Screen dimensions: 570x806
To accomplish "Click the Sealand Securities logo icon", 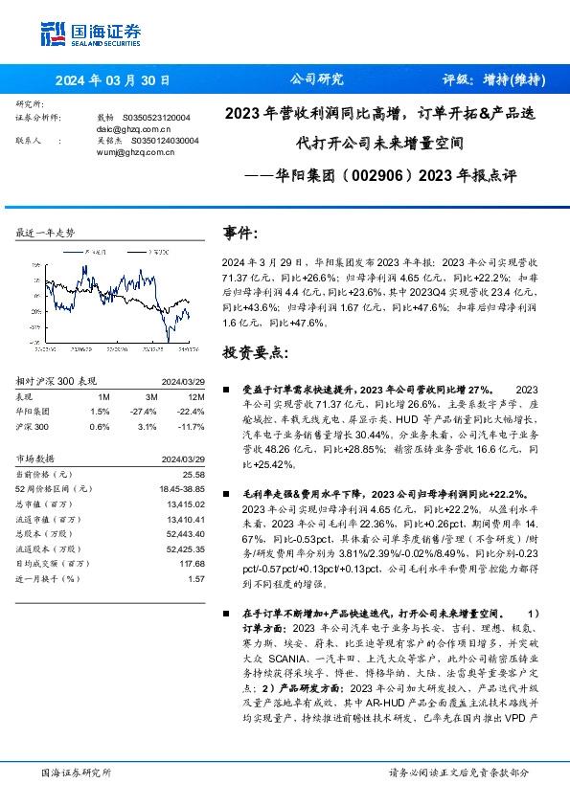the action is point(52,34).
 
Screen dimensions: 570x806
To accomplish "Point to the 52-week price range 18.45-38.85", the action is point(182,489).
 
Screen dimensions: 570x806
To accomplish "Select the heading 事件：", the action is point(240,234).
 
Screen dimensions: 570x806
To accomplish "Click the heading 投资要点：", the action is point(255,353).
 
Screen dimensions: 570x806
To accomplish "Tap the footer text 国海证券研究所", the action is point(77,772).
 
